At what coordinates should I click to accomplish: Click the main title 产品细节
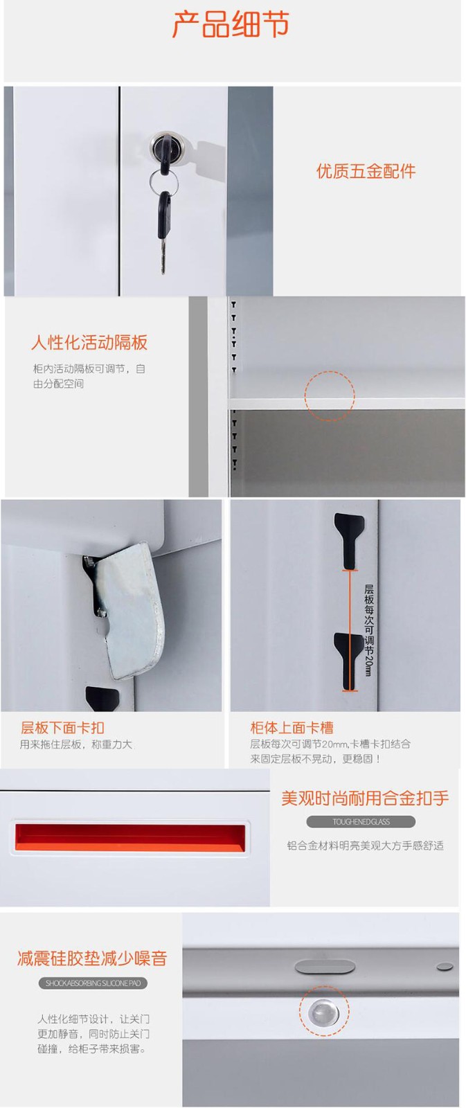[231, 24]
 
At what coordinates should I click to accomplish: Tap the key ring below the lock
[163, 183]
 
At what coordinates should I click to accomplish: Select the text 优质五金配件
[366, 172]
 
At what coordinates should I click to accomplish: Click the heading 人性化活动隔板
[89, 342]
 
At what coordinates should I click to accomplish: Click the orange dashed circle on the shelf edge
[330, 395]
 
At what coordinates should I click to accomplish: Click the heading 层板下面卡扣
[62, 727]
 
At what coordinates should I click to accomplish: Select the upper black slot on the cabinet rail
[349, 541]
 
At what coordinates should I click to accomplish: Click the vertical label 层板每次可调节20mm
[369, 630]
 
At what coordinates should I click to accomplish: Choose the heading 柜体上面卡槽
[292, 727]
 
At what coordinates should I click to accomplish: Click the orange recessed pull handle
[130, 838]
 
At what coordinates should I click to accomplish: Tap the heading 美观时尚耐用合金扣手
[365, 798]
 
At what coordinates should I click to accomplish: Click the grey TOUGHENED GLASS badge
[361, 821]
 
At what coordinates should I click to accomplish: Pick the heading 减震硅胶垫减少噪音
[92, 958]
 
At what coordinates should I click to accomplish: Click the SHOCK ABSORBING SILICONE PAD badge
[93, 983]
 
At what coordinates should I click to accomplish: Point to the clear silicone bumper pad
[324, 1010]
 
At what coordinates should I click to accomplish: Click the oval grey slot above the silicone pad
[325, 967]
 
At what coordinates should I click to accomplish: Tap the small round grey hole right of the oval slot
[445, 965]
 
